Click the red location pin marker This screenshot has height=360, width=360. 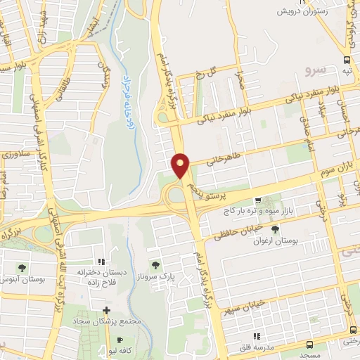(181, 165)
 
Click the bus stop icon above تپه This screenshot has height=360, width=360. (347, 60)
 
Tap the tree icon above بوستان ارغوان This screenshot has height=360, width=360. (275, 229)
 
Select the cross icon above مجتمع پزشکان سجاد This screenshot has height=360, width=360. (106, 309)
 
